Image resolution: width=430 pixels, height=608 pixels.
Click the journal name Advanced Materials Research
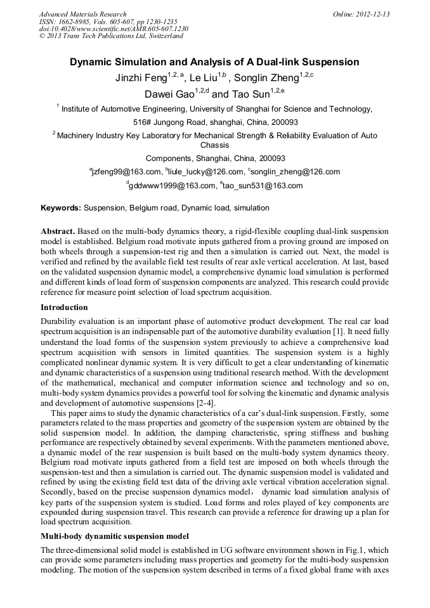(82, 14)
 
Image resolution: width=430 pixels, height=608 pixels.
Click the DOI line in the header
(114, 29)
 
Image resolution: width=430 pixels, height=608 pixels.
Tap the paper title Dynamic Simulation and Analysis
(214, 62)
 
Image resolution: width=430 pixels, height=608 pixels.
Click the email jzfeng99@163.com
(127, 172)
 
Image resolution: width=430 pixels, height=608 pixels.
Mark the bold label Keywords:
(61, 207)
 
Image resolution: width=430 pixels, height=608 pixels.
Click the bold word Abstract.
(58, 231)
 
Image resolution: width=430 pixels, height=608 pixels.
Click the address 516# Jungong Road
(170, 122)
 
